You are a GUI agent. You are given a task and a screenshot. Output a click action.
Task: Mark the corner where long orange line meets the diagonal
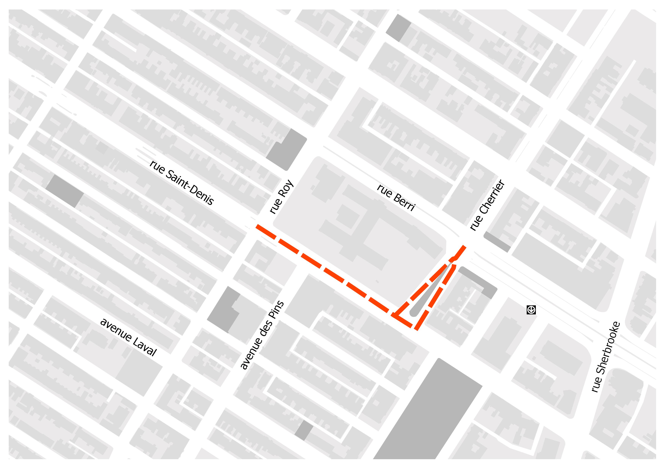tap(395, 315)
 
